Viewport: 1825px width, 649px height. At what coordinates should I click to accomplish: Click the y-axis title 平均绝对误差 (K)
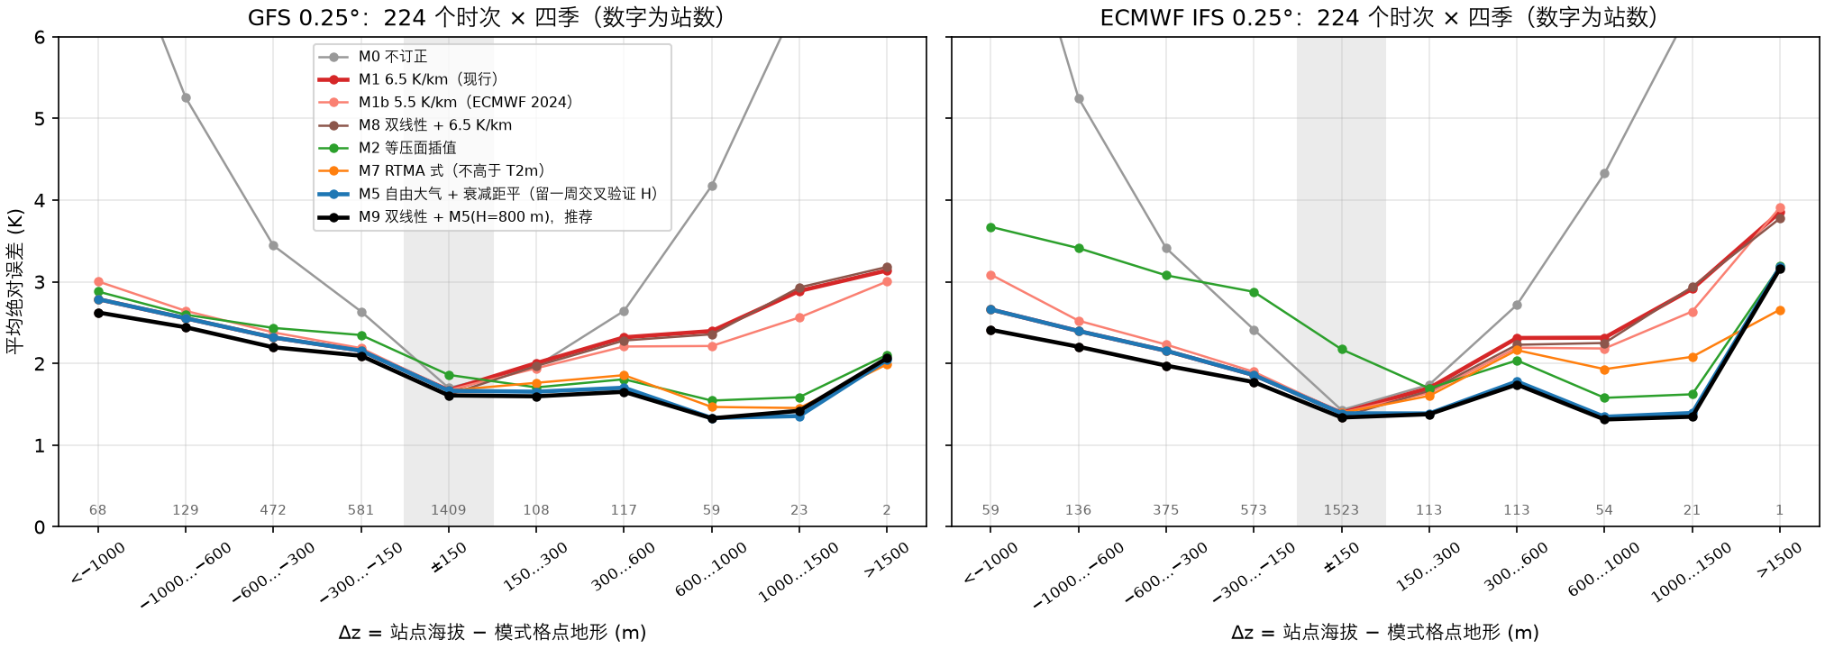[15, 281]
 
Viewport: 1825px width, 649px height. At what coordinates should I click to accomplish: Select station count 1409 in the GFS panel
[448, 510]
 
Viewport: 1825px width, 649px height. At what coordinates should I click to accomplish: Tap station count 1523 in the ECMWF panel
[1341, 510]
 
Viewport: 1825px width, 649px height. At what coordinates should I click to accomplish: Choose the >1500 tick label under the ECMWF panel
[1779, 560]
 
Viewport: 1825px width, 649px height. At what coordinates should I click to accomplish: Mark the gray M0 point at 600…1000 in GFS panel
[712, 187]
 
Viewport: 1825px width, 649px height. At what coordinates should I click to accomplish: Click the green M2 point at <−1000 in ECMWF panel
[990, 227]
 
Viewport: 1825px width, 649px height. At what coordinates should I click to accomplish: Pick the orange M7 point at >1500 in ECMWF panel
[1780, 311]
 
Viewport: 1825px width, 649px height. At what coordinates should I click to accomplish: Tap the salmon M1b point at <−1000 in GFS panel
[98, 282]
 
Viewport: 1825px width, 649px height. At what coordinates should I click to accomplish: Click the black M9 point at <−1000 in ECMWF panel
[990, 331]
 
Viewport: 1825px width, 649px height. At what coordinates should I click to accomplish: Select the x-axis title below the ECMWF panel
[1384, 633]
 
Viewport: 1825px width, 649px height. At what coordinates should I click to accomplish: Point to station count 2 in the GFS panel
[887, 510]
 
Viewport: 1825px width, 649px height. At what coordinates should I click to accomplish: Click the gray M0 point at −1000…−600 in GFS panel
[186, 98]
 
